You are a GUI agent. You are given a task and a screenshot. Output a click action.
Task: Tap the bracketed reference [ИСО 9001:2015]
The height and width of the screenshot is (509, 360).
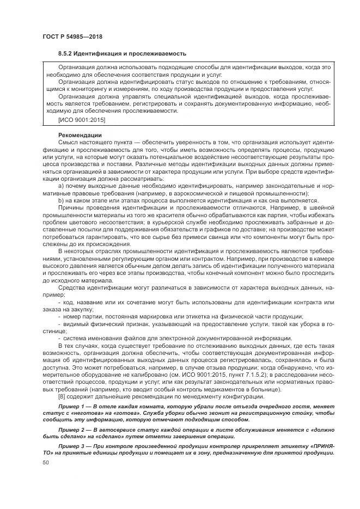click(82, 119)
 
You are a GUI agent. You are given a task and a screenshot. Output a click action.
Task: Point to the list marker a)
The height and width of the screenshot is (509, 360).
click(61, 186)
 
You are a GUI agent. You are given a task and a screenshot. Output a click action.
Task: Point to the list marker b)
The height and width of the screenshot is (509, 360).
click(61, 200)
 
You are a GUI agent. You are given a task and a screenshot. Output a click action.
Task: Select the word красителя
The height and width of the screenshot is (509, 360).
click(154, 216)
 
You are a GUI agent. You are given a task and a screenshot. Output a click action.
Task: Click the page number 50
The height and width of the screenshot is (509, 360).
click(46, 462)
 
